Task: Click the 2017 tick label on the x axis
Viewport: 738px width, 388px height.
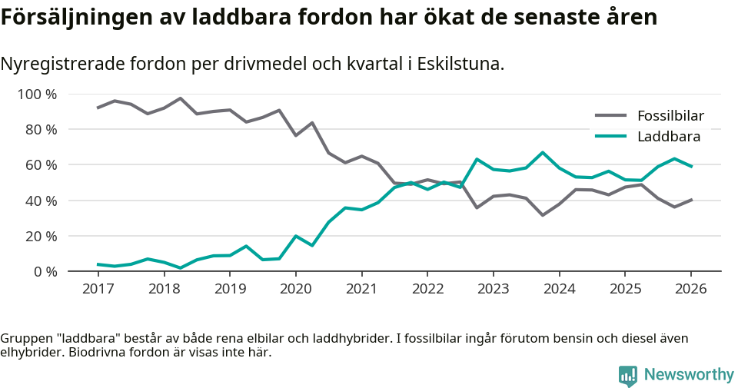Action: [98, 289]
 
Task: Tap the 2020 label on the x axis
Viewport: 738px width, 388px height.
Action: [295, 289]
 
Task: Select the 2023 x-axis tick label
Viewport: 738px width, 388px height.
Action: [493, 289]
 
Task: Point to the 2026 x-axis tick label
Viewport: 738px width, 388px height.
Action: [690, 289]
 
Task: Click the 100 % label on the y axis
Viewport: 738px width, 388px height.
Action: [38, 95]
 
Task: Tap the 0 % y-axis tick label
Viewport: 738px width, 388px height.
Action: [45, 271]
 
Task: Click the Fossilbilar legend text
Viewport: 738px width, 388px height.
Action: [670, 117]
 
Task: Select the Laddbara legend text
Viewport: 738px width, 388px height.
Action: [668, 137]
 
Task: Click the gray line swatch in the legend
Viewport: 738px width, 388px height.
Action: [611, 117]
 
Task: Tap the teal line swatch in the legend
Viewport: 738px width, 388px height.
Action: [611, 137]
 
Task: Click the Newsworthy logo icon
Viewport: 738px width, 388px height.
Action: [627, 375]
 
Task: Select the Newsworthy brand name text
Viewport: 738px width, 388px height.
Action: [689, 375]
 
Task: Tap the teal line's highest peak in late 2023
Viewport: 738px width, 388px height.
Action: [543, 152]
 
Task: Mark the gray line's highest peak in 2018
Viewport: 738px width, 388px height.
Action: [180, 98]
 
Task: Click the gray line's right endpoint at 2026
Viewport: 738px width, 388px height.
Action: [691, 200]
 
